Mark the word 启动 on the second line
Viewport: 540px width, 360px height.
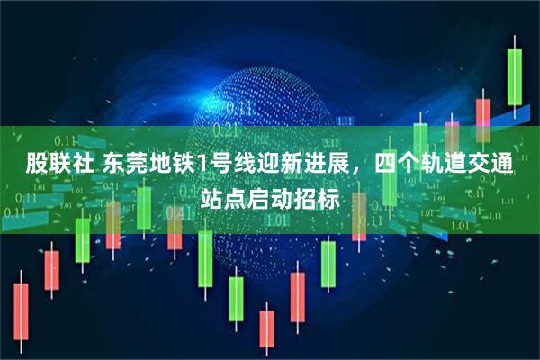tap(270, 198)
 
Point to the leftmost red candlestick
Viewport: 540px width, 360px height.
tap(21, 311)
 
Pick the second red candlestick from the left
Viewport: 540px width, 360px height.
tap(51, 270)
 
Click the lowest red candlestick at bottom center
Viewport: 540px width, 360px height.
tap(266, 328)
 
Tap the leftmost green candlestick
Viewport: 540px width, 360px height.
tap(82, 238)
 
